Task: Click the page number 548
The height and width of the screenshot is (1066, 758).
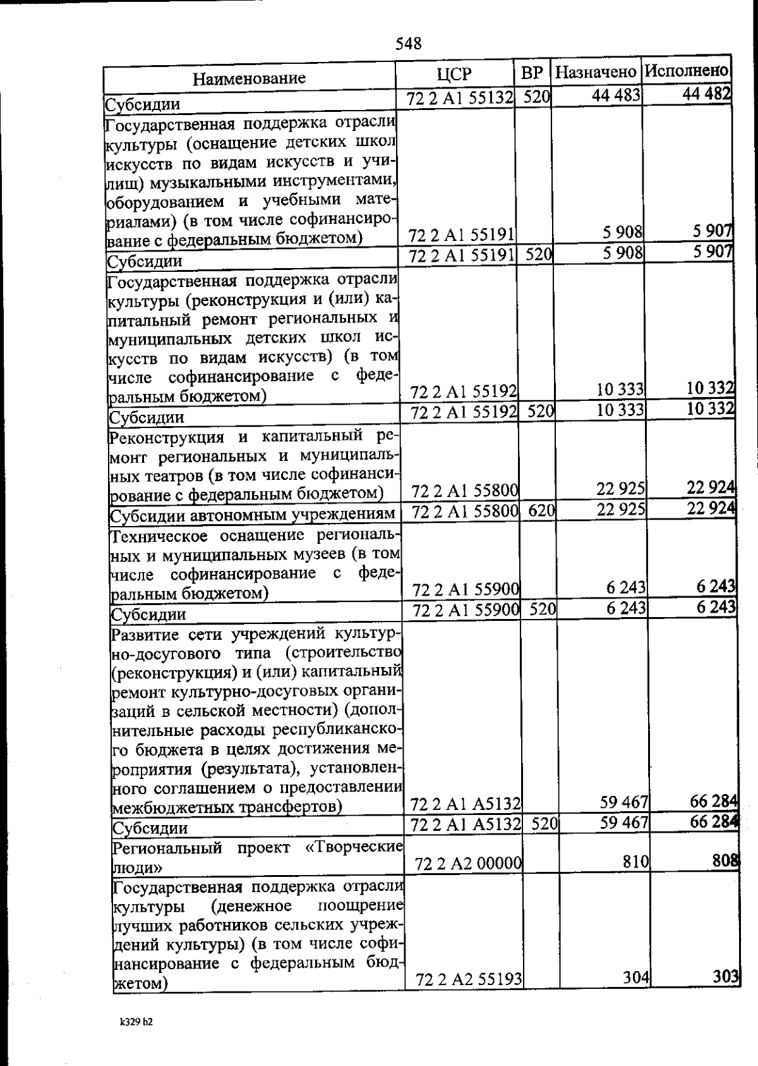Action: pos(408,43)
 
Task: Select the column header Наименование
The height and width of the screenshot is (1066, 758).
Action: pos(249,78)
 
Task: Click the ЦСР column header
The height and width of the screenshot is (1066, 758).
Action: pos(454,74)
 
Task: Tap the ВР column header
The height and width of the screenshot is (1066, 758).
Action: pos(532,73)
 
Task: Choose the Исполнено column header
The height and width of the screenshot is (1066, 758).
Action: pos(687,70)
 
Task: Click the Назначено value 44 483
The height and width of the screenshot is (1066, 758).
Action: pos(617,95)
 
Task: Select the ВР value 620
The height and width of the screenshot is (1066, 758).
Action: pos(541,510)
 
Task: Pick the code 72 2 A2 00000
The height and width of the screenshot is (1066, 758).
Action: pos(467,863)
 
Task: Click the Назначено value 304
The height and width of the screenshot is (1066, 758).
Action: pos(636,977)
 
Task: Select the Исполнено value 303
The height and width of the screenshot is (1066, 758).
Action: pos(727,976)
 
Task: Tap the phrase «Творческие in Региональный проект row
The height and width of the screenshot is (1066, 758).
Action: pos(354,847)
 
